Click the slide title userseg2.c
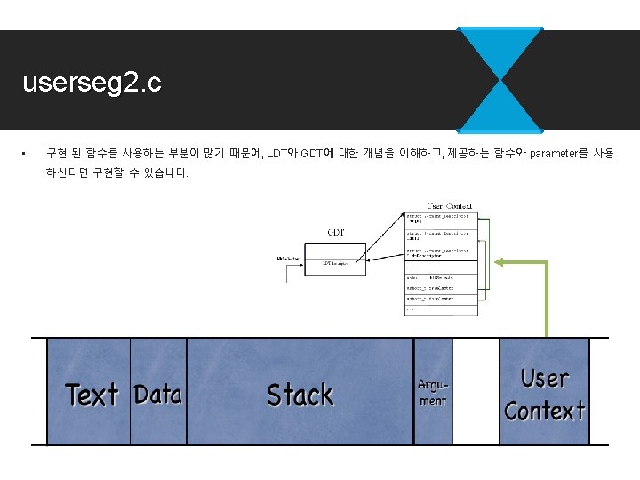click(x=92, y=84)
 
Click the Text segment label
click(x=92, y=395)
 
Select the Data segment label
click(x=158, y=394)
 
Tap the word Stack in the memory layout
click(x=300, y=394)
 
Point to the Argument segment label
click(x=433, y=393)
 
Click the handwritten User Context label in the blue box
click(x=544, y=394)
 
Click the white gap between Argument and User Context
click(x=476, y=391)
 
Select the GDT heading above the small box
click(x=336, y=233)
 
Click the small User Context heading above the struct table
click(x=449, y=206)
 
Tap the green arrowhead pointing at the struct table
click(x=500, y=261)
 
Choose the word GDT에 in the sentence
click(x=317, y=154)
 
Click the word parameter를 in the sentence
click(x=558, y=154)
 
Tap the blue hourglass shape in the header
click(x=500, y=80)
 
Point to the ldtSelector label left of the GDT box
click(x=289, y=260)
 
